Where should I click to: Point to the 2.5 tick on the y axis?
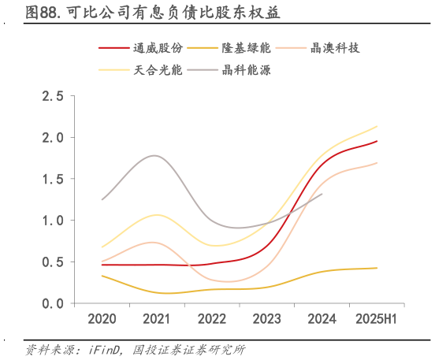53,96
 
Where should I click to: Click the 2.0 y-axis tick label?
53,138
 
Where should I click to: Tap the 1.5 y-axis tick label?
53,179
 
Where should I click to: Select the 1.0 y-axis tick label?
53,221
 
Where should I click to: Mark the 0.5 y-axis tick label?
53,262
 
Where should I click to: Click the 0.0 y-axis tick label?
53,303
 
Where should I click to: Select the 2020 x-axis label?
102,319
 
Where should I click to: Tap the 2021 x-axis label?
157,319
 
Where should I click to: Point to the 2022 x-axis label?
212,319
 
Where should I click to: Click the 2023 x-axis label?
266,319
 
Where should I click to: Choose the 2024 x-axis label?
322,319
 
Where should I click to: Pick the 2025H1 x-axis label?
375,319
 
